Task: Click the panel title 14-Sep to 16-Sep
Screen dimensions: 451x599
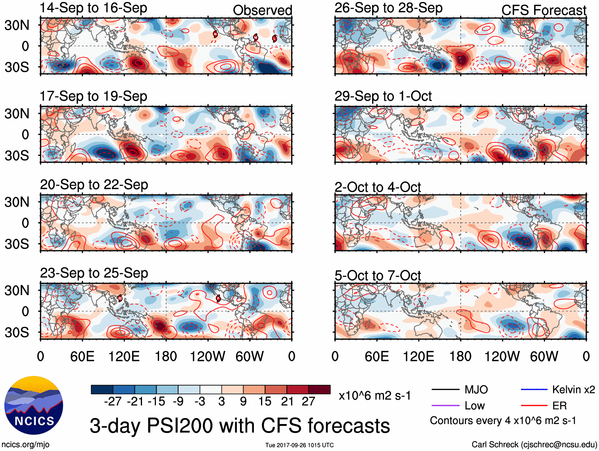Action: tap(94, 8)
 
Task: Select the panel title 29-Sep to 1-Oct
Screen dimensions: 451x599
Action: tap(383, 96)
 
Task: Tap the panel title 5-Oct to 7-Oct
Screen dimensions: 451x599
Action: tap(377, 275)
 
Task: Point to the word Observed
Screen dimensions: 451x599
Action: tap(262, 10)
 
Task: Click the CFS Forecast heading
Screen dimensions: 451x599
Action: tap(543, 10)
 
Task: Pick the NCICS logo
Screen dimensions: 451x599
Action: tap(34, 405)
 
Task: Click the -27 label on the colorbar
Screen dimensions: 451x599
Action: tap(112, 401)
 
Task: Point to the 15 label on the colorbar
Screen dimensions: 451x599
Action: tap(265, 401)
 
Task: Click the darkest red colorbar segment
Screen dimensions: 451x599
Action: tap(319, 389)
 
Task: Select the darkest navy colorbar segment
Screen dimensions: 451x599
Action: tap(102, 389)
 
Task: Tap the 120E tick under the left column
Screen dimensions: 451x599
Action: tap(124, 356)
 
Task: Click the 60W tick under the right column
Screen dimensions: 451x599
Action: tap(544, 356)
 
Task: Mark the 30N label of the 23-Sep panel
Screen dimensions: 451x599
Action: tap(17, 290)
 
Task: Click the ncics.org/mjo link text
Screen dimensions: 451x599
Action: tap(25, 445)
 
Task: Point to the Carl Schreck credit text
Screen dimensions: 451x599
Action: tap(534, 445)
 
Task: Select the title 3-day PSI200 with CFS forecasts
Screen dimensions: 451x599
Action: tap(240, 426)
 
